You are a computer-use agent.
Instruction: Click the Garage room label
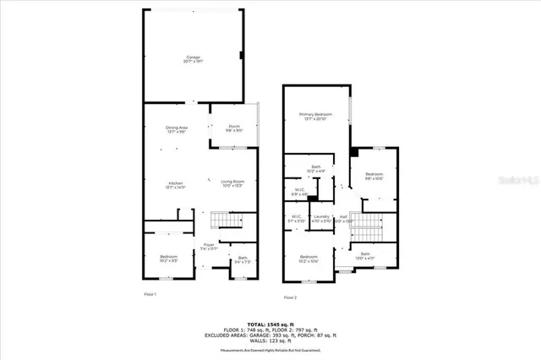(194, 59)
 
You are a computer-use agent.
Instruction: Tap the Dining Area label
(177, 129)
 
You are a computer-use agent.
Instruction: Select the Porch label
(234, 129)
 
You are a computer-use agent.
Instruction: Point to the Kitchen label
(176, 185)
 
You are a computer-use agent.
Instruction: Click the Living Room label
(232, 185)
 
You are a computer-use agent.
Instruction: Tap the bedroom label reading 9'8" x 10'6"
(374, 177)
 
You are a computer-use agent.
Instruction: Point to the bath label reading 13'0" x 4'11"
(365, 256)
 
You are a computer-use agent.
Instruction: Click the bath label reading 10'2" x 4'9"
(316, 169)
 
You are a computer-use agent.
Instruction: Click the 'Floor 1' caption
(150, 293)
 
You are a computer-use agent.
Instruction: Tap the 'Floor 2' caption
(290, 297)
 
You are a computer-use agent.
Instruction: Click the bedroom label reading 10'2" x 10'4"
(309, 259)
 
